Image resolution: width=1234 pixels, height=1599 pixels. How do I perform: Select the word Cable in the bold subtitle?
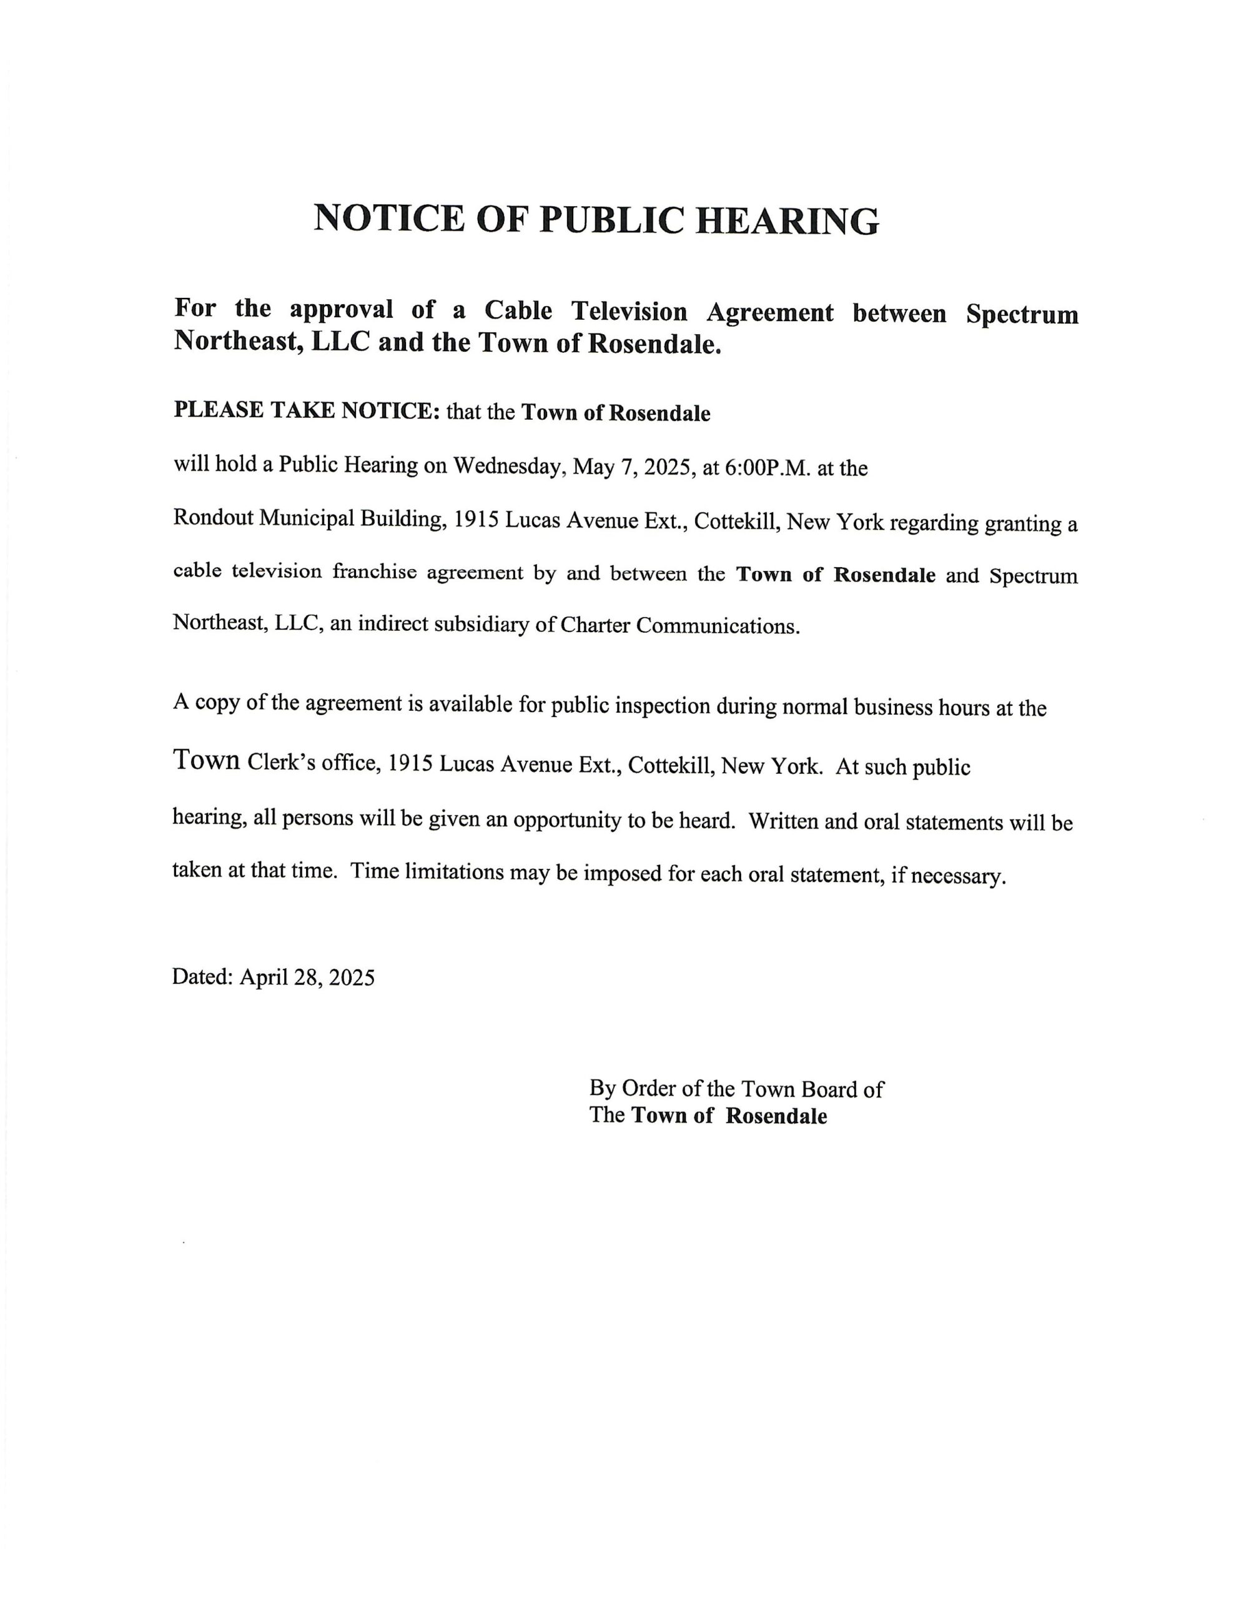[518, 310]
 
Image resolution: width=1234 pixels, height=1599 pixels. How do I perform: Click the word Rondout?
[212, 517]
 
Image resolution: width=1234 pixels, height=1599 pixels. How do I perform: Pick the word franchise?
[374, 571]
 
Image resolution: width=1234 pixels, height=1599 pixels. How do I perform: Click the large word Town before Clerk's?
[207, 760]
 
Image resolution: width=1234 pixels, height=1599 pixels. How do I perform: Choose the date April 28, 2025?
[307, 978]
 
